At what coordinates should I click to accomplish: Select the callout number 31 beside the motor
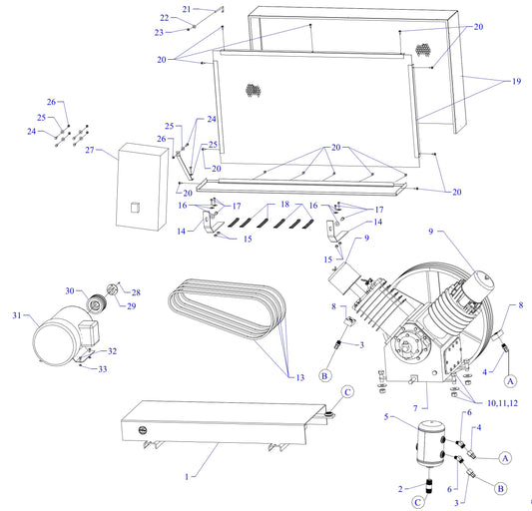pyautogui.click(x=16, y=316)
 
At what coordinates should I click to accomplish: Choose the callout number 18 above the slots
pyautogui.click(x=284, y=204)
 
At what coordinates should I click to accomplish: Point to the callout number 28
pyautogui.click(x=137, y=291)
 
